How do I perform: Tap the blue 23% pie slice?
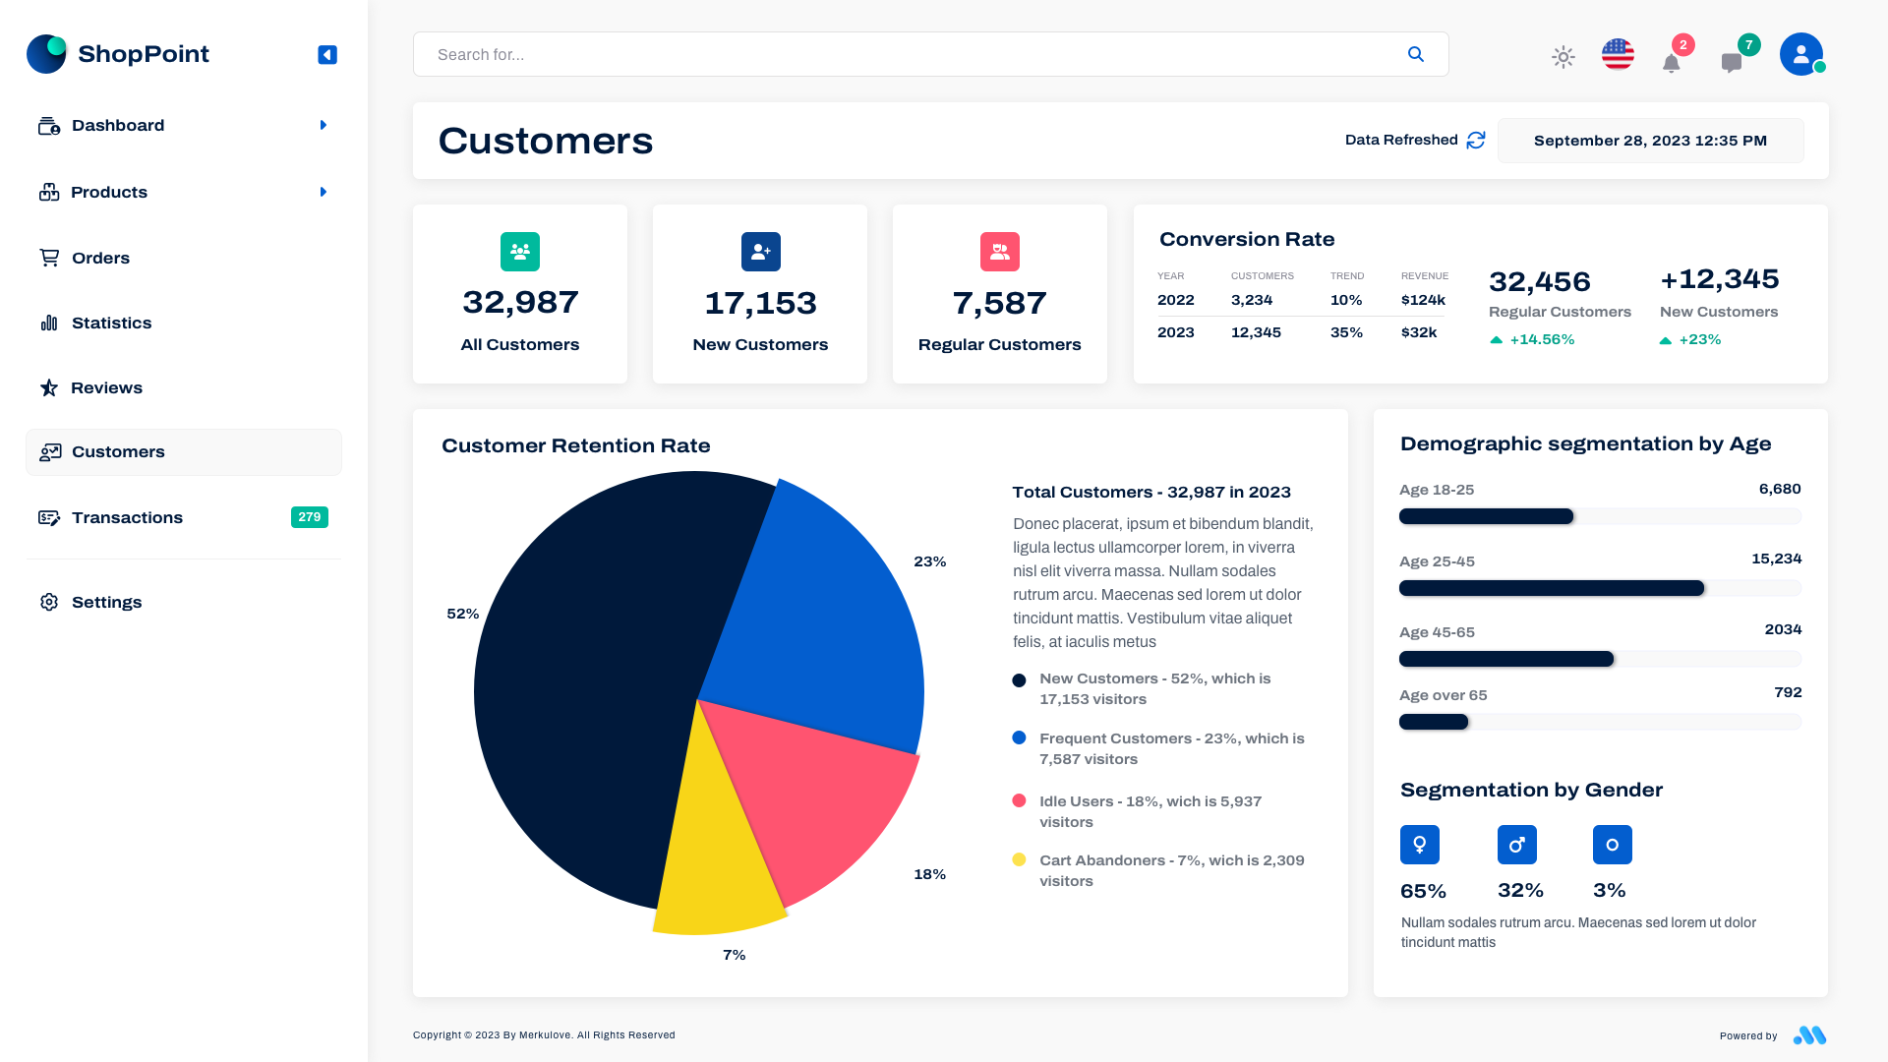[x=816, y=629]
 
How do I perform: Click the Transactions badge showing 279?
[x=309, y=517]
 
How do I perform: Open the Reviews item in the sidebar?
[x=106, y=387]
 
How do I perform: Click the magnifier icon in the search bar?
[x=1415, y=54]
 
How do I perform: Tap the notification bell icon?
[x=1671, y=64]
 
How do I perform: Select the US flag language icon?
[x=1618, y=54]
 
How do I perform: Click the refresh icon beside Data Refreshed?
[x=1475, y=141]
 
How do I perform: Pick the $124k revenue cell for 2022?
[x=1423, y=300]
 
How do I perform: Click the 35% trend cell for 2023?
[x=1346, y=332]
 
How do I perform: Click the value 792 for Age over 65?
[x=1787, y=692]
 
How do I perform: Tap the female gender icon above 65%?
[x=1419, y=845]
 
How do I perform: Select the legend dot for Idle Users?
[x=1019, y=800]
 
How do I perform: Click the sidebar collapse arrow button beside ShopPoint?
[x=327, y=55]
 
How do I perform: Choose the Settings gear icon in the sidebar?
[x=49, y=602]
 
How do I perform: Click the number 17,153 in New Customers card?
[x=760, y=303]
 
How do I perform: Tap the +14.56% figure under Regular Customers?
[x=1541, y=339]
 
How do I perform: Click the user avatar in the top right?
[x=1800, y=54]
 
